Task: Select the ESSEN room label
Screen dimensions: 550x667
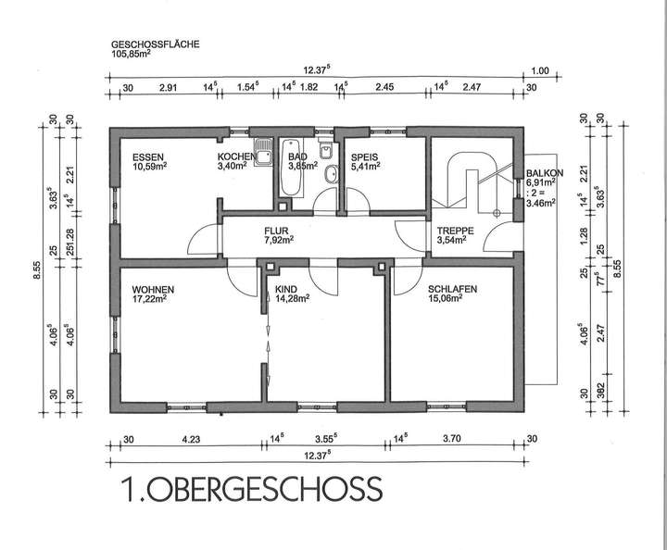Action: coord(147,157)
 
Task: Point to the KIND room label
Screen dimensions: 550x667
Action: coord(286,289)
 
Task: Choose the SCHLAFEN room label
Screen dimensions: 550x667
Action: coord(452,289)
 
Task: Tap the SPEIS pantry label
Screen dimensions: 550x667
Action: coord(361,157)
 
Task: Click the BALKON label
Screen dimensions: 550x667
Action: coord(541,174)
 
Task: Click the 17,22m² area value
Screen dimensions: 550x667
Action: coord(149,299)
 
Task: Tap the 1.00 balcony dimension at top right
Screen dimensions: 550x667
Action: coord(541,69)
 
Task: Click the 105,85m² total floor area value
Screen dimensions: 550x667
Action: coord(131,54)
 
